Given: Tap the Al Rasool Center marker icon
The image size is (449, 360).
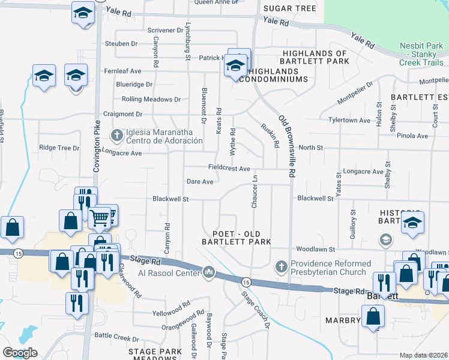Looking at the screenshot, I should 209,272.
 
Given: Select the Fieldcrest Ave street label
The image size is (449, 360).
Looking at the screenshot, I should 229,169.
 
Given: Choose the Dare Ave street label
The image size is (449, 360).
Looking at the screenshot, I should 200,181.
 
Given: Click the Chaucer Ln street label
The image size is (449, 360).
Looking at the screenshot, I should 255,193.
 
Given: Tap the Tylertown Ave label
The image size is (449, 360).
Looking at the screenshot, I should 349,120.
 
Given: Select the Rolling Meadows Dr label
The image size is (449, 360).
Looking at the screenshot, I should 151,99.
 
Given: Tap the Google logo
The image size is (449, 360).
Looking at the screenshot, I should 20,353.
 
